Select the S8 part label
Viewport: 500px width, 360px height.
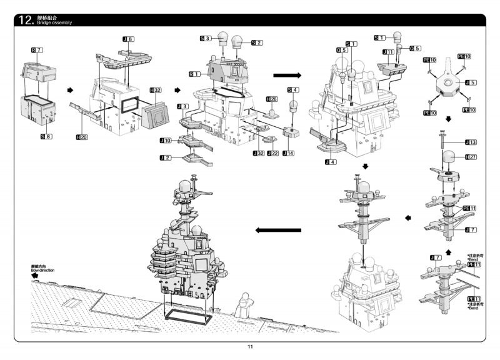[46, 136]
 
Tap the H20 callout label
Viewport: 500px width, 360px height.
[81, 136]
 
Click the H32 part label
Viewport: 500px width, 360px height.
[156, 91]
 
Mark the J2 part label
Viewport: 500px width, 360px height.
[165, 158]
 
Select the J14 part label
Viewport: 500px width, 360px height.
[288, 153]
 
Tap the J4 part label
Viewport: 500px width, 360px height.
[331, 162]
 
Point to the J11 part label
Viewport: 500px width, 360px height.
[388, 52]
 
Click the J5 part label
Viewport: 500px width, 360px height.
[470, 82]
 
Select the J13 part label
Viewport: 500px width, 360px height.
[470, 142]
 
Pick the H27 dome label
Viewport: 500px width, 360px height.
[470, 156]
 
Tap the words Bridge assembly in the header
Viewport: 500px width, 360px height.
[54, 23]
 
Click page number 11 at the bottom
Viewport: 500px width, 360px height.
[250, 347]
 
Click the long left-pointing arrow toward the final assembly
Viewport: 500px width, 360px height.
[279, 230]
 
